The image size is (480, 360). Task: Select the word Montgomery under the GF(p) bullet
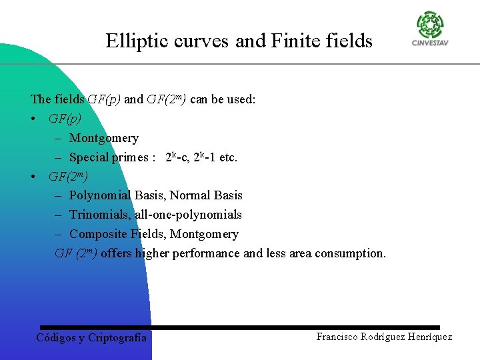(x=104, y=138)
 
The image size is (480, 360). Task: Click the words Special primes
(x=109, y=157)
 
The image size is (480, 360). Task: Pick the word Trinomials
(x=99, y=215)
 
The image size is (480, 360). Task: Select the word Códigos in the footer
(x=56, y=337)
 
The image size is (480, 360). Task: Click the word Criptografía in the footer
(x=117, y=337)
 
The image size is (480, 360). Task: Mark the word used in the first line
(x=241, y=99)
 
